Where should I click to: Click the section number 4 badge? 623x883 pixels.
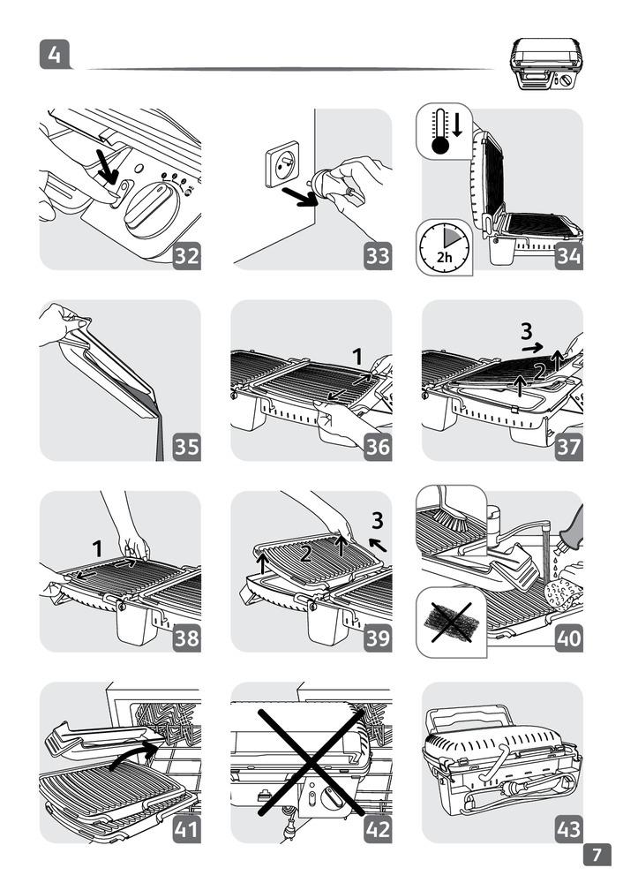point(55,56)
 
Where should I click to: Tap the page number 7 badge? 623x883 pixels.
point(597,855)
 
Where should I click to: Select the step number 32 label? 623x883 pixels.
point(186,256)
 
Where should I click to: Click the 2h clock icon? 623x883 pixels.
point(444,245)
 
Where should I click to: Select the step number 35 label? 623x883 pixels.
point(186,447)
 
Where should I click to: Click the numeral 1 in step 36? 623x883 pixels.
point(357,356)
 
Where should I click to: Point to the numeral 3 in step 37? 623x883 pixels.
point(527,332)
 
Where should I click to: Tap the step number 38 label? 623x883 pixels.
point(186,638)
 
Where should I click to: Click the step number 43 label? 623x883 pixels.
point(569,829)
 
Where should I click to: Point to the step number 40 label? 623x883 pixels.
point(569,638)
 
